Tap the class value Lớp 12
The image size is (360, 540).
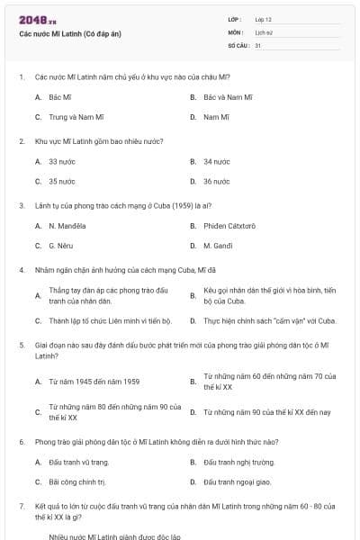click(263, 19)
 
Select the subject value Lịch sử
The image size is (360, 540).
click(263, 31)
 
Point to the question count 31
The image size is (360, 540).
click(257, 44)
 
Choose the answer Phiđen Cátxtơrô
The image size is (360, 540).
click(229, 225)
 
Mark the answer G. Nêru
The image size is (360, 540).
click(59, 245)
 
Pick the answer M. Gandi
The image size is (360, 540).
click(218, 245)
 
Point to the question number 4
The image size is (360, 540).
click(21, 269)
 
